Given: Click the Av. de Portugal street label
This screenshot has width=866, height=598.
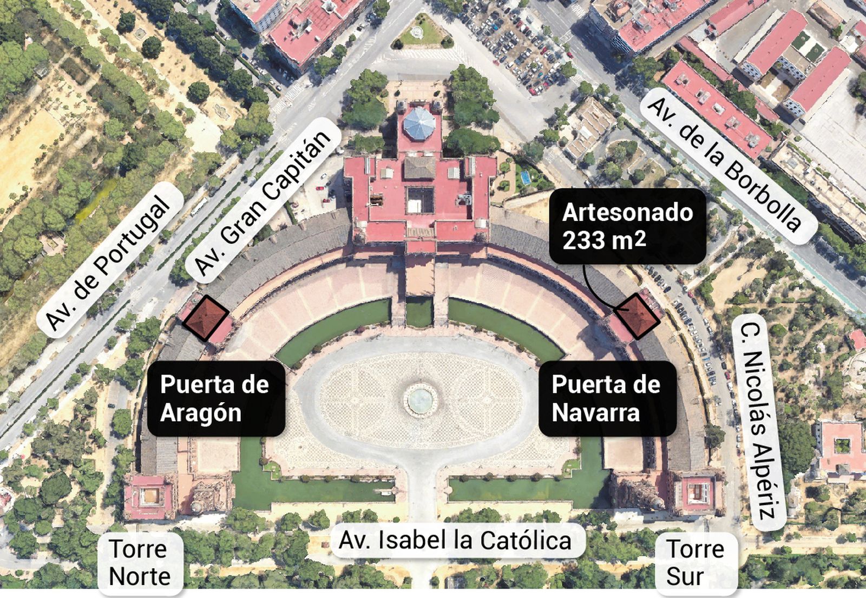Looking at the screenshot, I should click(x=108, y=260).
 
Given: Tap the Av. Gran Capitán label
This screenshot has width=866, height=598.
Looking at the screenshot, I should click(x=263, y=202).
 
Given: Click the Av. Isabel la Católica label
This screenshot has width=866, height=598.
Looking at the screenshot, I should click(x=455, y=540).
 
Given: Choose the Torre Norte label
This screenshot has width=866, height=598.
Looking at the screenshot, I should click(x=140, y=563).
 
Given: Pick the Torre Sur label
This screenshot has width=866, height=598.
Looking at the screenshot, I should click(x=695, y=563).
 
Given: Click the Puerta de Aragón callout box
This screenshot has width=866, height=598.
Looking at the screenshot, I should click(x=215, y=398).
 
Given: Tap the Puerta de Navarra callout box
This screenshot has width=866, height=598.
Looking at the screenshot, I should click(x=607, y=398).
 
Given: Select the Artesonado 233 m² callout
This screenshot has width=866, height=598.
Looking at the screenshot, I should click(x=627, y=226).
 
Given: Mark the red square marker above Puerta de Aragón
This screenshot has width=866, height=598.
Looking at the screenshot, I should click(x=205, y=318).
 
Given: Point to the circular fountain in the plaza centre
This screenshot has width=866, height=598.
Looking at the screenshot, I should click(x=421, y=399).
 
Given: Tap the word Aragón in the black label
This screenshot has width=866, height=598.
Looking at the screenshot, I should click(x=200, y=413).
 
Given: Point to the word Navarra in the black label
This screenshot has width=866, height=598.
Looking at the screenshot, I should click(x=595, y=413).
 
